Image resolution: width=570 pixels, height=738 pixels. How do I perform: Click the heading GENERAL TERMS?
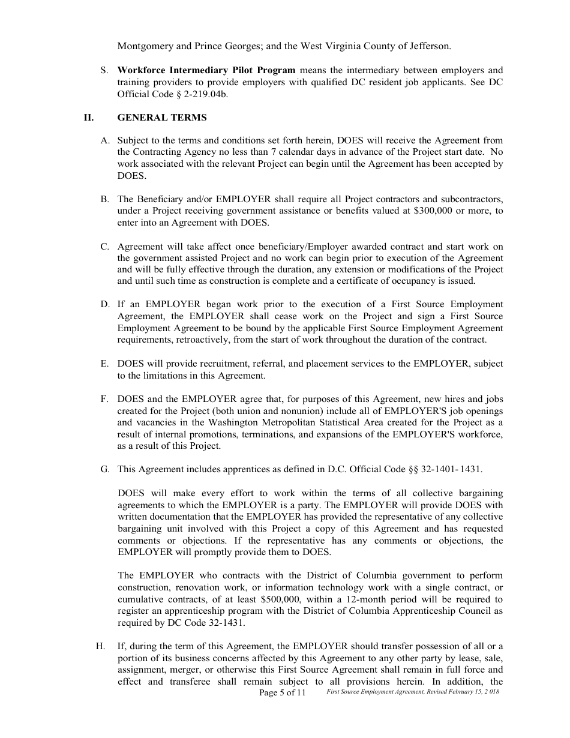[x=162, y=118]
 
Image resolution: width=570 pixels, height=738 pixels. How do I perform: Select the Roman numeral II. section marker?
[x=89, y=118]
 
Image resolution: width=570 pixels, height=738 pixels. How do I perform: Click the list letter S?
[x=104, y=70]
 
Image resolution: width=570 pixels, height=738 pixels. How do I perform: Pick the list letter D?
[x=104, y=304]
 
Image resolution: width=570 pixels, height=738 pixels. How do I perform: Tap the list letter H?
[x=100, y=646]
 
